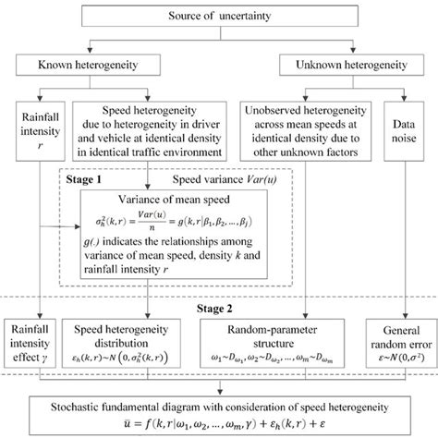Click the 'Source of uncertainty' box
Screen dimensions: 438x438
click(219, 17)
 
